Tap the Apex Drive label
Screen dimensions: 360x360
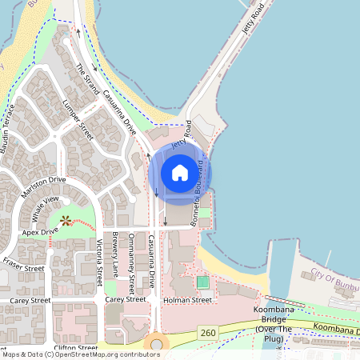[42, 232]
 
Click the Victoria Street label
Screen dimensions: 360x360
[99, 262]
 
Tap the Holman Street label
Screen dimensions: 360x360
[190, 300]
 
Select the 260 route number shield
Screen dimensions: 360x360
[209, 331]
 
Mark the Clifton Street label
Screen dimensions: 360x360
[75, 348]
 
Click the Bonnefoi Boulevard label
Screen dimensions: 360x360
[198, 190]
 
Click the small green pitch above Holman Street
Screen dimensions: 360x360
[202, 282]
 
